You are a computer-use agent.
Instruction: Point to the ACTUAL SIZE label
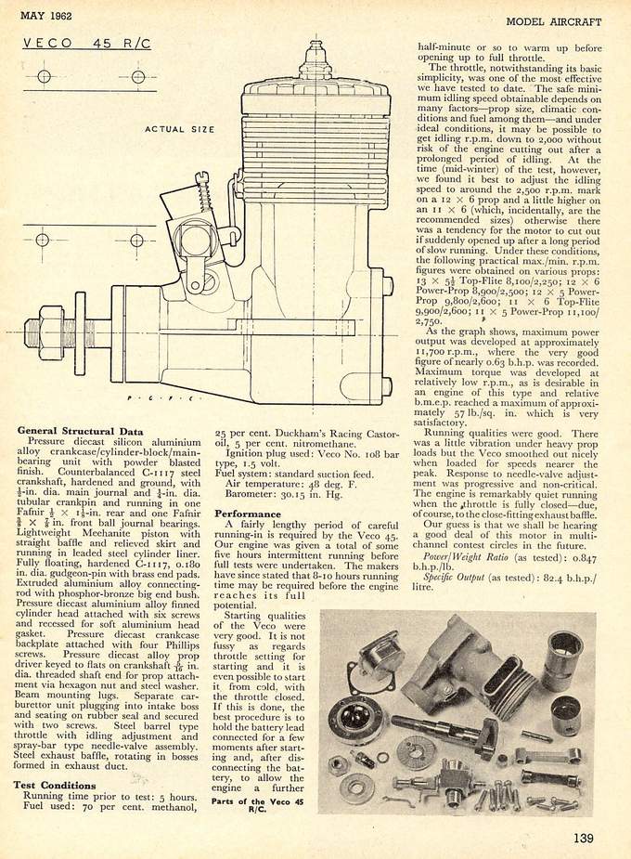click(178, 129)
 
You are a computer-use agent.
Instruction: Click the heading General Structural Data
click(80, 431)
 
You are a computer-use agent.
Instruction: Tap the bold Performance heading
click(248, 514)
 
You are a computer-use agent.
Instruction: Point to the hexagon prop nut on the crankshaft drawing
click(40, 329)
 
